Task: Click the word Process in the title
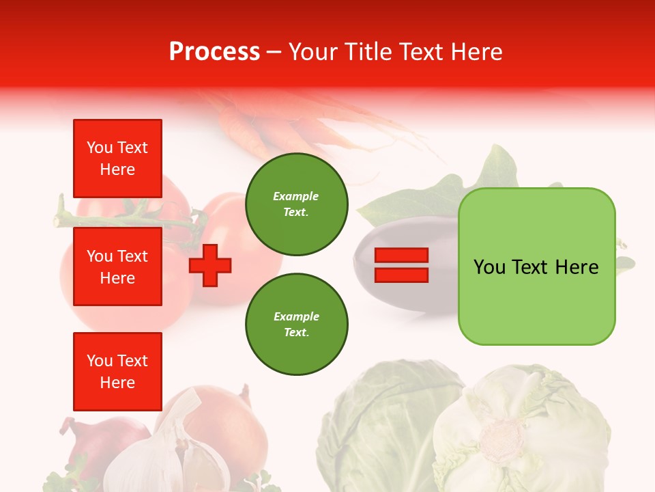(214, 52)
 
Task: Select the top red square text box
(117, 159)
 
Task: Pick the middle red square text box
(117, 266)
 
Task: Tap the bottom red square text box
(117, 371)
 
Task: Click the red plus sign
(210, 264)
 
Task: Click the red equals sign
(401, 265)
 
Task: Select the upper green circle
(296, 204)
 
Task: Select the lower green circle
(296, 325)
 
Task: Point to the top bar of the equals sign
(401, 256)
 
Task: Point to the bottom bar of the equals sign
(401, 275)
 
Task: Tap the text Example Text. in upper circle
(296, 204)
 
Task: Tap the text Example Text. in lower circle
(296, 325)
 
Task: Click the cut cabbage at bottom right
(519, 430)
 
